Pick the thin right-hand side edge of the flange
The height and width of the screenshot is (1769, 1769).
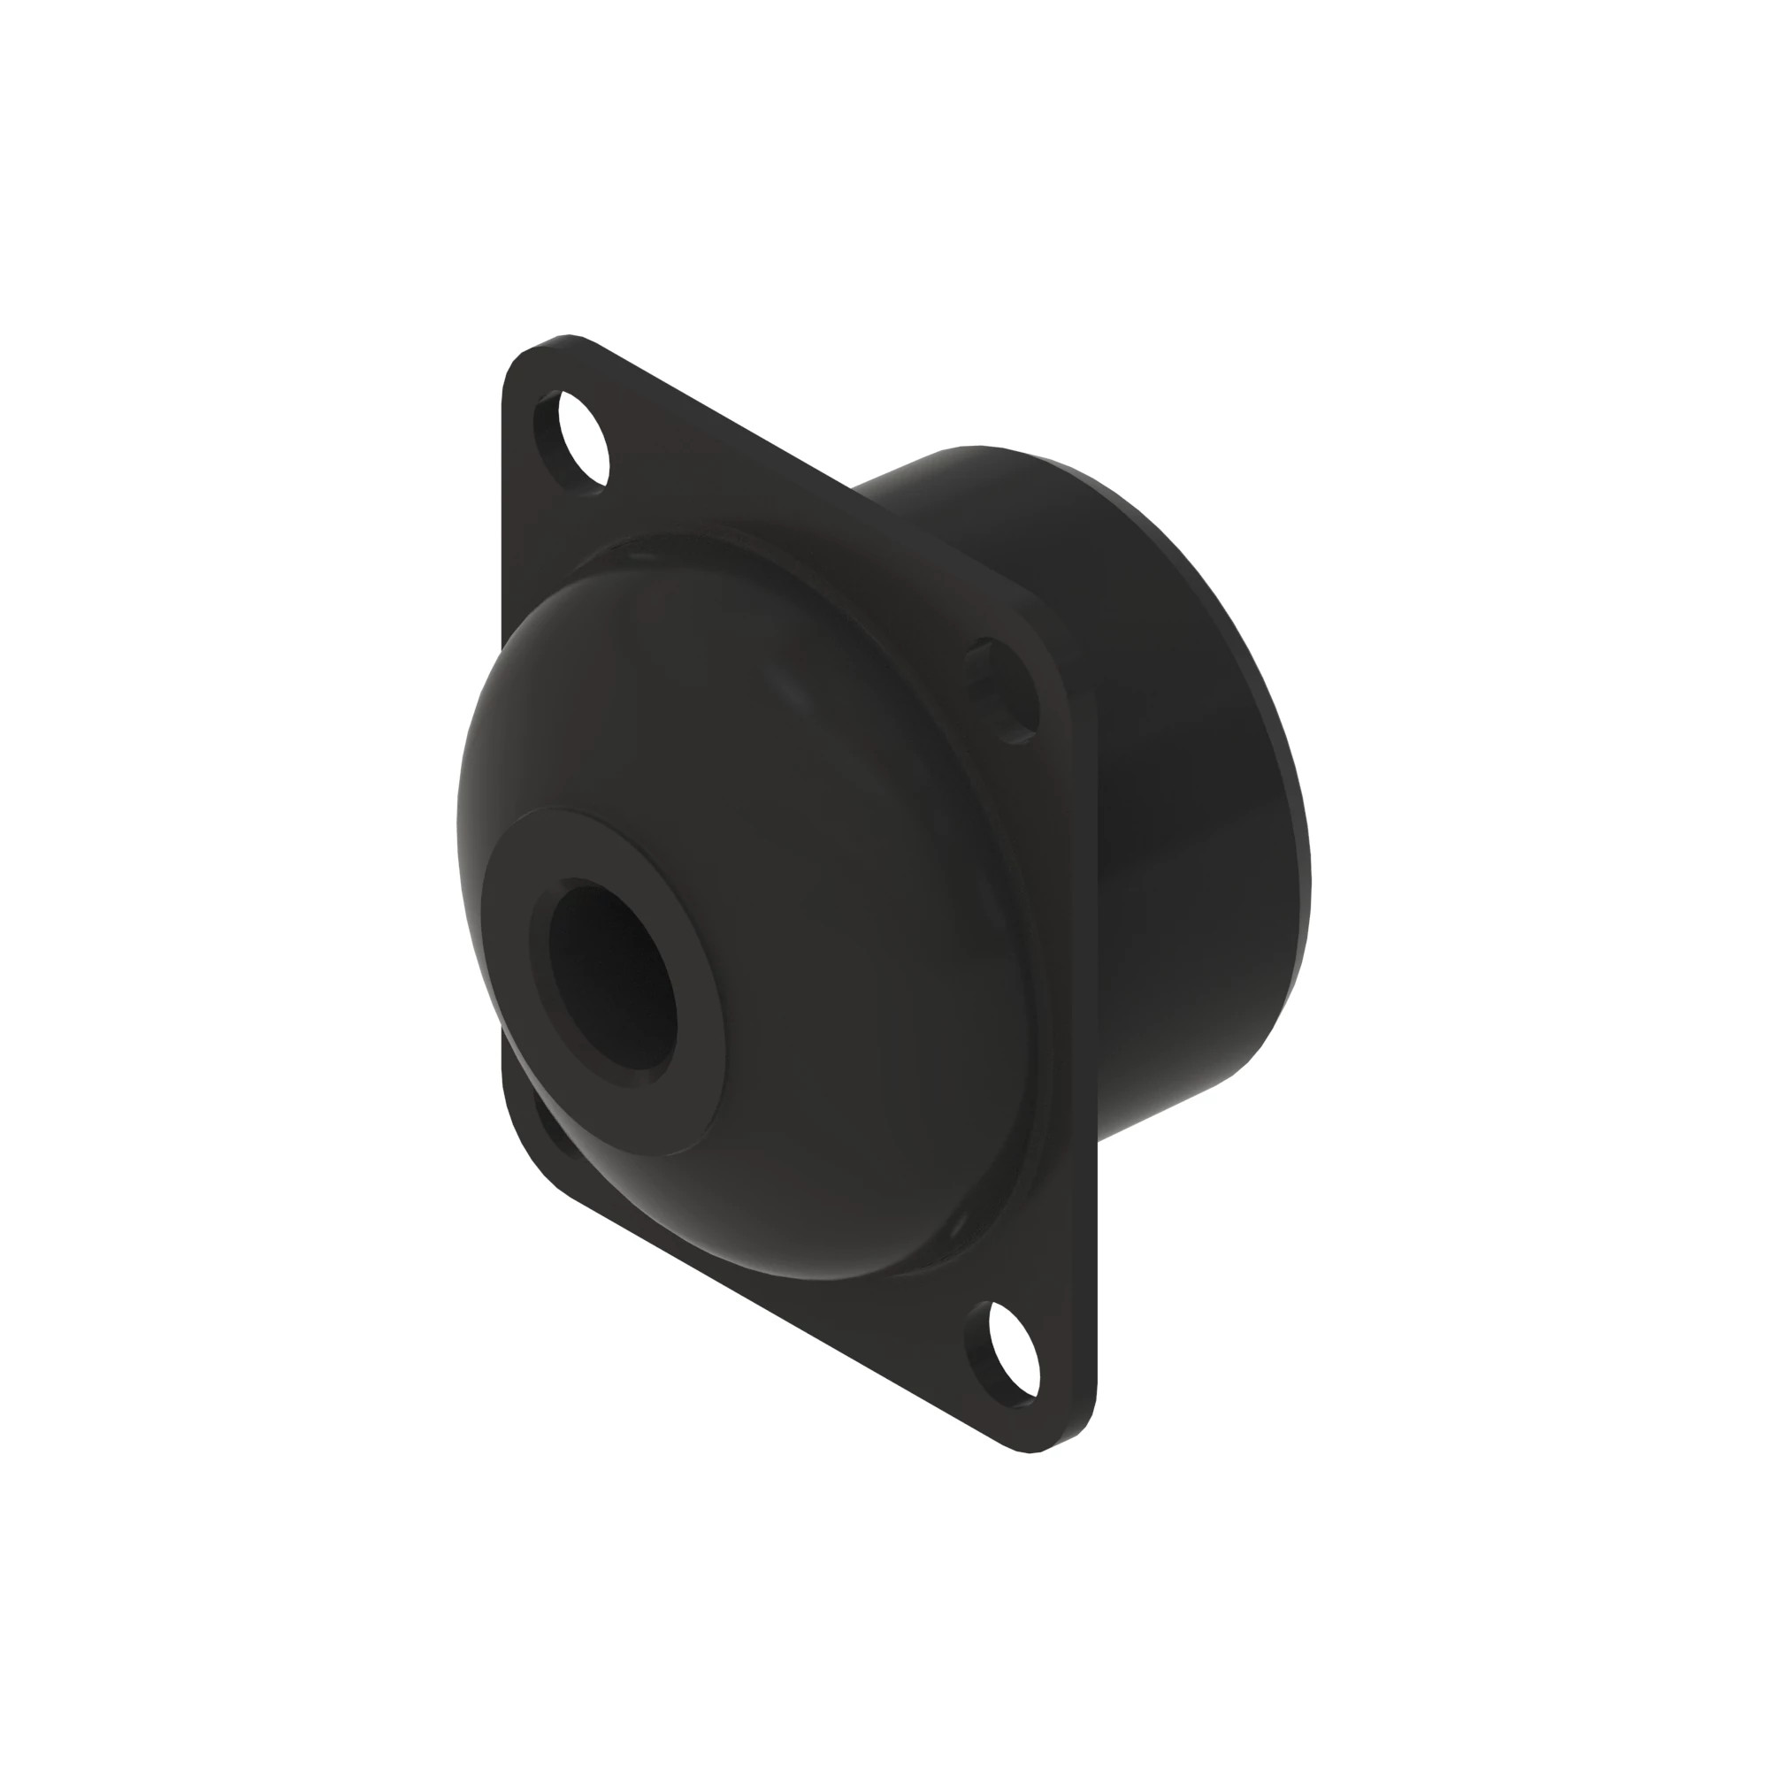point(1091,1099)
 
